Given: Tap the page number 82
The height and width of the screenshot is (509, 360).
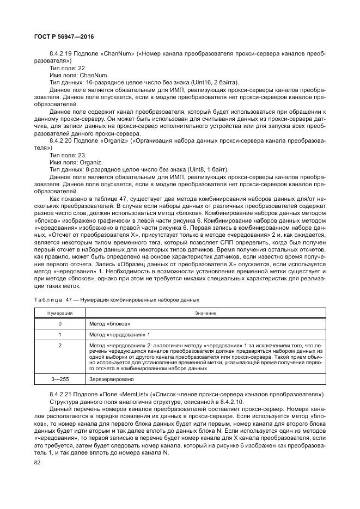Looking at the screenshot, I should click(38, 463).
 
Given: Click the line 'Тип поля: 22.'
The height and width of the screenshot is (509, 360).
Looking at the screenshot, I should click(68, 69).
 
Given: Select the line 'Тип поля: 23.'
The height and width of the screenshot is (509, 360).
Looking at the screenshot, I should click(68, 154).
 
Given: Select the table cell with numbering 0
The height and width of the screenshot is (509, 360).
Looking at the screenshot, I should click(59, 323).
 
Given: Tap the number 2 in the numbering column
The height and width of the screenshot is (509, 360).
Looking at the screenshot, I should click(59, 345).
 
